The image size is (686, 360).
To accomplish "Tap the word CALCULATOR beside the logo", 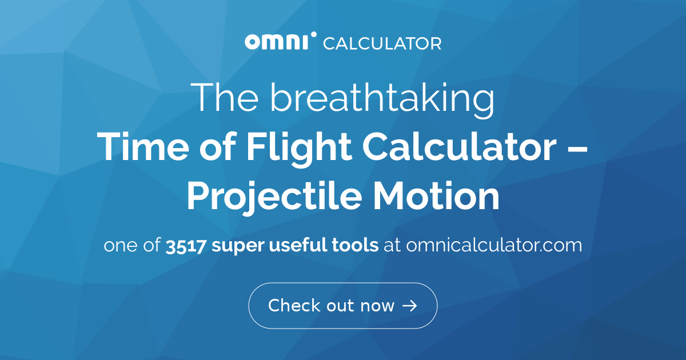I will click(x=382, y=43).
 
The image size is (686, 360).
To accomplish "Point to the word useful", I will click(x=301, y=246).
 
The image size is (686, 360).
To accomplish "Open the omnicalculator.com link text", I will click(x=494, y=246).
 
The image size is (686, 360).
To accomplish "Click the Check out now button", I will click(x=342, y=306).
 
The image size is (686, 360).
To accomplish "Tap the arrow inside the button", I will click(x=409, y=306).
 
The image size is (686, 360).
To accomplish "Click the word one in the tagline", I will click(x=119, y=246).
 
